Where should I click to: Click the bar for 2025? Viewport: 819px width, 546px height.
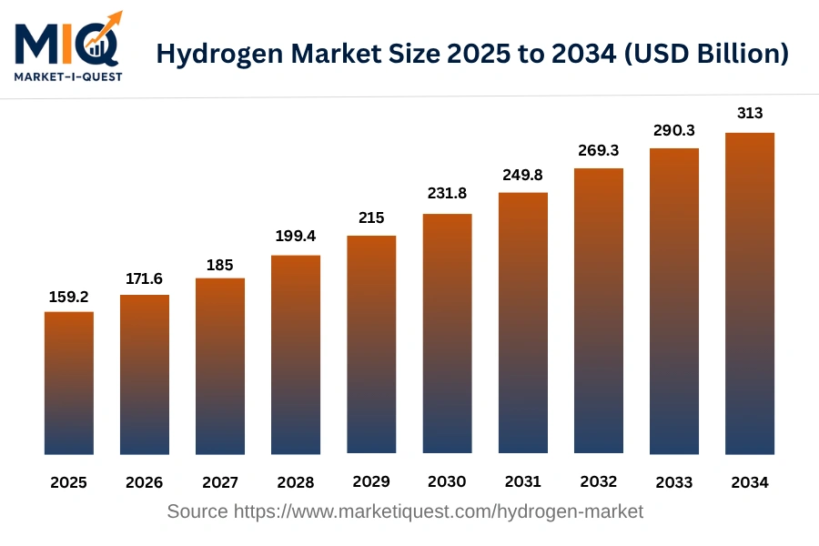69,382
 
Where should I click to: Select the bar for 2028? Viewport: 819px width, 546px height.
296,354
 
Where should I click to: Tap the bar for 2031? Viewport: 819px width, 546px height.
523,323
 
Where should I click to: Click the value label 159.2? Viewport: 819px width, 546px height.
69,297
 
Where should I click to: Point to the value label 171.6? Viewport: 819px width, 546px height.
145,279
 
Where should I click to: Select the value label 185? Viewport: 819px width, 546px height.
220,265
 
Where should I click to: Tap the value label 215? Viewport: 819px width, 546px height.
371,218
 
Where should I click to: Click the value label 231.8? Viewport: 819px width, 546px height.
447,193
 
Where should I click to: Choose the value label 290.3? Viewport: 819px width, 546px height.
674,131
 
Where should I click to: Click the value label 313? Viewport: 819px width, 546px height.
750,113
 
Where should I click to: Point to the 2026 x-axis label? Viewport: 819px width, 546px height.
145,482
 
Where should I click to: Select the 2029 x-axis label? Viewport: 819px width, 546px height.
371,482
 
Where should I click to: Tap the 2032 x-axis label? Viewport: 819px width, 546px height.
599,482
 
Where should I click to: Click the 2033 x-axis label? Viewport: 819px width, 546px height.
674,482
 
